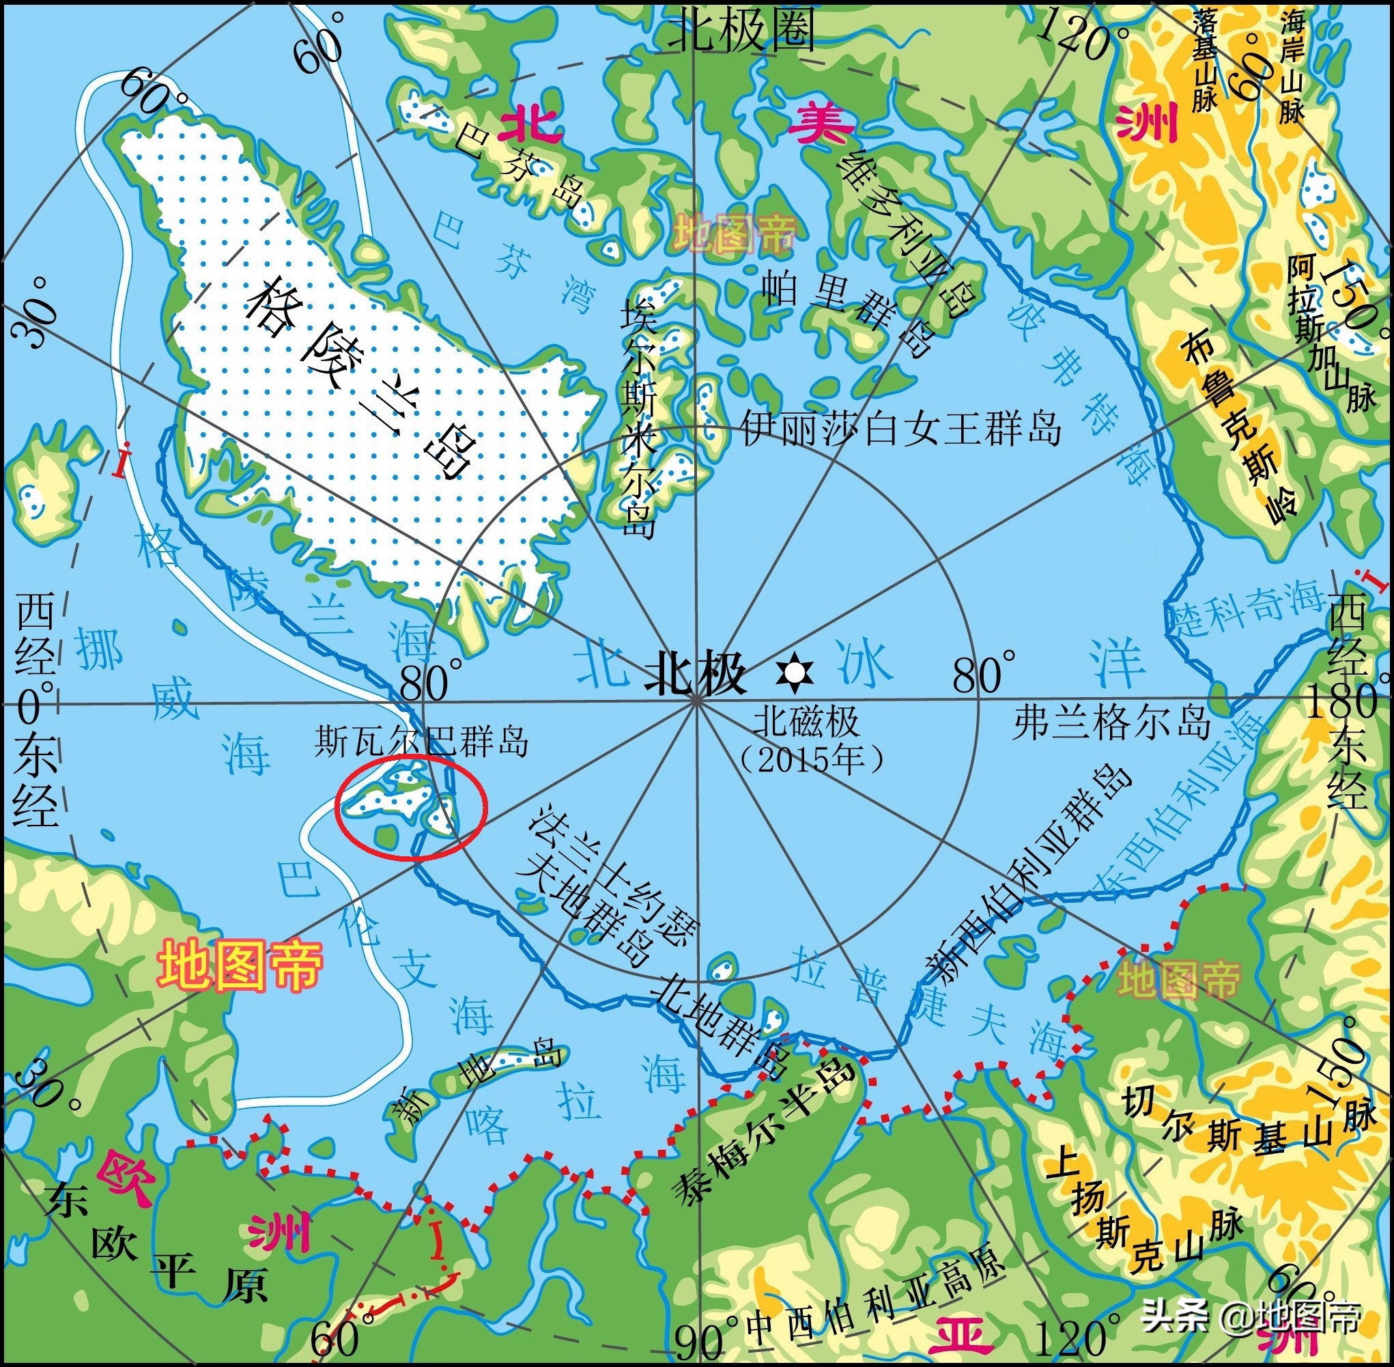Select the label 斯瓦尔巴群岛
[422, 742]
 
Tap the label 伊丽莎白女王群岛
[901, 429]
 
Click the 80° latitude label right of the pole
[984, 672]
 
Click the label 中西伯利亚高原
[877, 1299]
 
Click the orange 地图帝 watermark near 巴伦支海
[240, 966]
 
